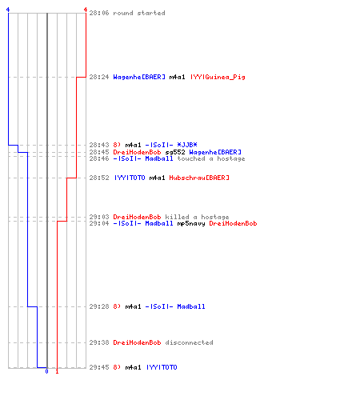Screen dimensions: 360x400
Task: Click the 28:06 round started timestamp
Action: [x=99, y=13]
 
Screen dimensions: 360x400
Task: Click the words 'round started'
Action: [x=139, y=13]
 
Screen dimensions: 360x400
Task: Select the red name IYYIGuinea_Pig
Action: [x=218, y=77]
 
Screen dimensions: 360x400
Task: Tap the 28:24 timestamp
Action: [x=99, y=77]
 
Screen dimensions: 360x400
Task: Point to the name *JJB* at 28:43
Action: [x=187, y=145]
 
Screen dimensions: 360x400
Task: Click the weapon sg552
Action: [x=175, y=152]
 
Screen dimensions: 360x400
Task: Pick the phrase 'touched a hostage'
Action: [x=211, y=158]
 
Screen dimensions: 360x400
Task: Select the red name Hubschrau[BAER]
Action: [x=199, y=178]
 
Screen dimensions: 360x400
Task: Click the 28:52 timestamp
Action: [x=99, y=178]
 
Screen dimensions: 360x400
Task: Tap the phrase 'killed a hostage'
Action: [x=197, y=217]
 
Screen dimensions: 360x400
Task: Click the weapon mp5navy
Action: [x=191, y=223]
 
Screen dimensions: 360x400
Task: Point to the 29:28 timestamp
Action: [x=99, y=306]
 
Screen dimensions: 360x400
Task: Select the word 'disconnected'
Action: [x=189, y=342]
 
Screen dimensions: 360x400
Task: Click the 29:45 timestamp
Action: [x=99, y=367]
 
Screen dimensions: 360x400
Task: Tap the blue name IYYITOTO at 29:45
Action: [x=162, y=367]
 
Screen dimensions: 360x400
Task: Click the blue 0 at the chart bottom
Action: [x=47, y=371]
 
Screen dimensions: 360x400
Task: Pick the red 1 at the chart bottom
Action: [x=57, y=371]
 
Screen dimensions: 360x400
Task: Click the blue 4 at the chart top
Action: [x=8, y=10]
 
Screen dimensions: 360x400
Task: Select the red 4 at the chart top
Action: [x=86, y=10]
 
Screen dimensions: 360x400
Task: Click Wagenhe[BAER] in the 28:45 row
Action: [x=215, y=152]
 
